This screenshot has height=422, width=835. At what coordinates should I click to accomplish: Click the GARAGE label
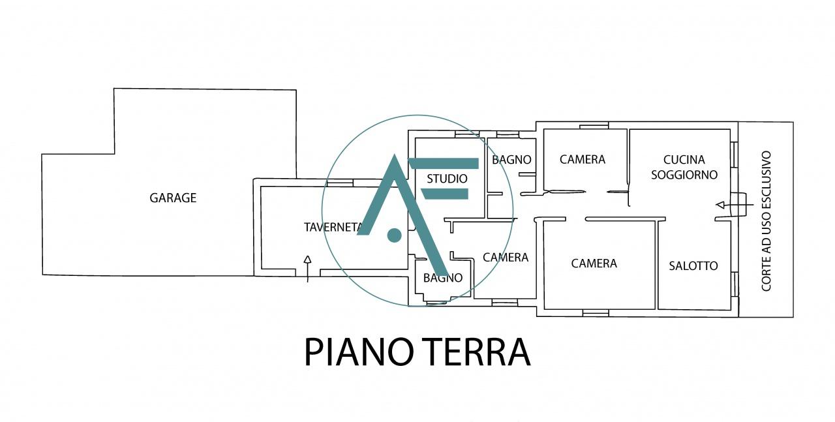click(173, 198)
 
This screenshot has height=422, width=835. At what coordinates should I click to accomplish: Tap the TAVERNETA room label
click(333, 227)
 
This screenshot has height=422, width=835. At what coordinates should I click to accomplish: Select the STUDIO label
click(447, 178)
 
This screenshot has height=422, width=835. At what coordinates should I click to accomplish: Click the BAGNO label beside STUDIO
click(511, 159)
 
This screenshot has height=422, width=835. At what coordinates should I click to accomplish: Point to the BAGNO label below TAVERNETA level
click(442, 278)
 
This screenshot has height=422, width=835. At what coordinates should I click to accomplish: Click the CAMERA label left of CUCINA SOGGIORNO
click(582, 159)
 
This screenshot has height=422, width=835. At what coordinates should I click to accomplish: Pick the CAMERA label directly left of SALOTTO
click(594, 264)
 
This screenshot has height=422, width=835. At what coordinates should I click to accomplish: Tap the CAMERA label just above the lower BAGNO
click(505, 258)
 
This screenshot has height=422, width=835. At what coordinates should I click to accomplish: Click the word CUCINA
click(684, 159)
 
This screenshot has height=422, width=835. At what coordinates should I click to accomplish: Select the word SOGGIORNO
click(684, 175)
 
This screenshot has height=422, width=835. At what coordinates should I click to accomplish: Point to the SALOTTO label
click(693, 265)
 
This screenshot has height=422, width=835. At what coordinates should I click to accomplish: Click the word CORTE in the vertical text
click(767, 273)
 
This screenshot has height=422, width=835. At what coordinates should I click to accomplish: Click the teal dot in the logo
click(394, 235)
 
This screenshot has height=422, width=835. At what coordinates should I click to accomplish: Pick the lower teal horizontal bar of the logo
click(446, 193)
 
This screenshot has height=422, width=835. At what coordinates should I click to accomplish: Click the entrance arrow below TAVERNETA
click(307, 268)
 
